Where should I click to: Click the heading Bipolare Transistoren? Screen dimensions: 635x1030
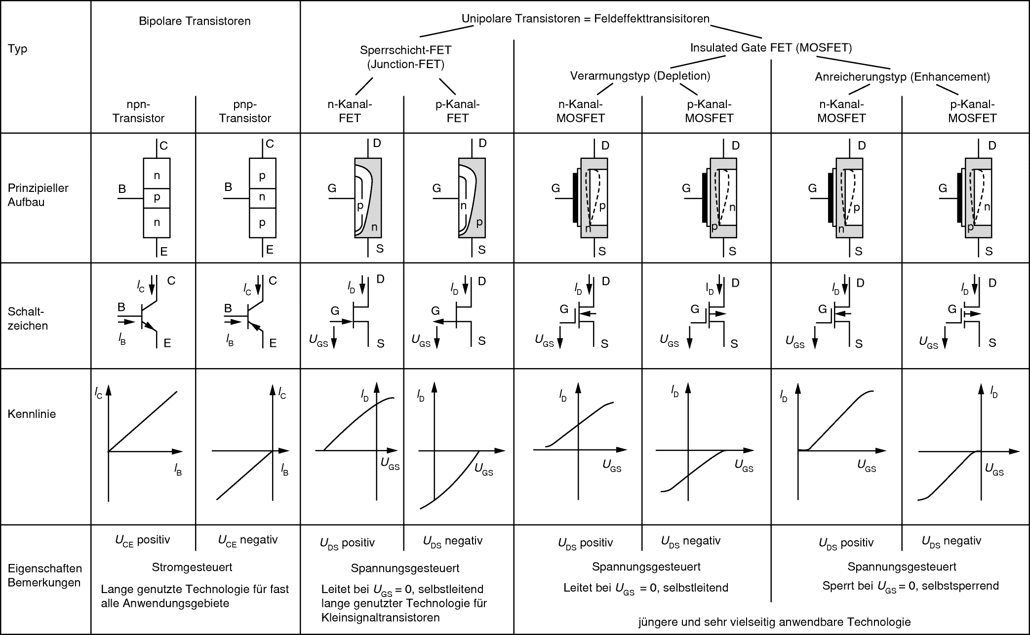pyautogui.click(x=195, y=21)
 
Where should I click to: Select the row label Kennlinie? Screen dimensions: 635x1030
pyautogui.click(x=32, y=414)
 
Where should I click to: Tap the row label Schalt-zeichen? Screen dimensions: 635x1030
pyautogui.click(x=28, y=319)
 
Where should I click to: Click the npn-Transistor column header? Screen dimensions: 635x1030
pyautogui.click(x=138, y=111)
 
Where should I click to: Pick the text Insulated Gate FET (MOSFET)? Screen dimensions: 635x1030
pyautogui.click(x=771, y=47)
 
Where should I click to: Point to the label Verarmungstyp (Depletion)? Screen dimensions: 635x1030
pyautogui.click(x=640, y=75)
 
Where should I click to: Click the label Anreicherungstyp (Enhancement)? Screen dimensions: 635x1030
pyautogui.click(x=902, y=76)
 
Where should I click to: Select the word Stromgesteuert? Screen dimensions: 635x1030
pyautogui.click(x=192, y=567)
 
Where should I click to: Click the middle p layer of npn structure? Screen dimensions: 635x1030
pyautogui.click(x=157, y=198)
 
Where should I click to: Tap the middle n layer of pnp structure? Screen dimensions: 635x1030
pyautogui.click(x=262, y=197)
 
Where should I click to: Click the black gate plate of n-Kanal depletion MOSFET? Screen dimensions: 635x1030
pyautogui.click(x=575, y=197)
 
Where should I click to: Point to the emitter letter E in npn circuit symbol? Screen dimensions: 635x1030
pyautogui.click(x=167, y=343)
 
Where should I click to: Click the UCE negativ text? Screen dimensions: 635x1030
pyautogui.click(x=248, y=540)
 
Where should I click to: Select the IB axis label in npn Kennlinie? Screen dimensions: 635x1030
pyautogui.click(x=178, y=470)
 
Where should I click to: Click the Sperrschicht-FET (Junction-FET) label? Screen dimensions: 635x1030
pyautogui.click(x=405, y=57)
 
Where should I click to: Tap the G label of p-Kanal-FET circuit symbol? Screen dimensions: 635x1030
pyautogui.click(x=435, y=311)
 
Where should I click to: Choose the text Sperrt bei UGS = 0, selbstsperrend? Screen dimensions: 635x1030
pyautogui.click(x=910, y=586)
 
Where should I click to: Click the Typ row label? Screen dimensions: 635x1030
pyautogui.click(x=17, y=49)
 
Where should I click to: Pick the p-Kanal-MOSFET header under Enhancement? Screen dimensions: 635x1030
pyautogui.click(x=972, y=111)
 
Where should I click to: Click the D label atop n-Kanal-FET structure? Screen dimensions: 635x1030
pyautogui.click(x=377, y=144)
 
